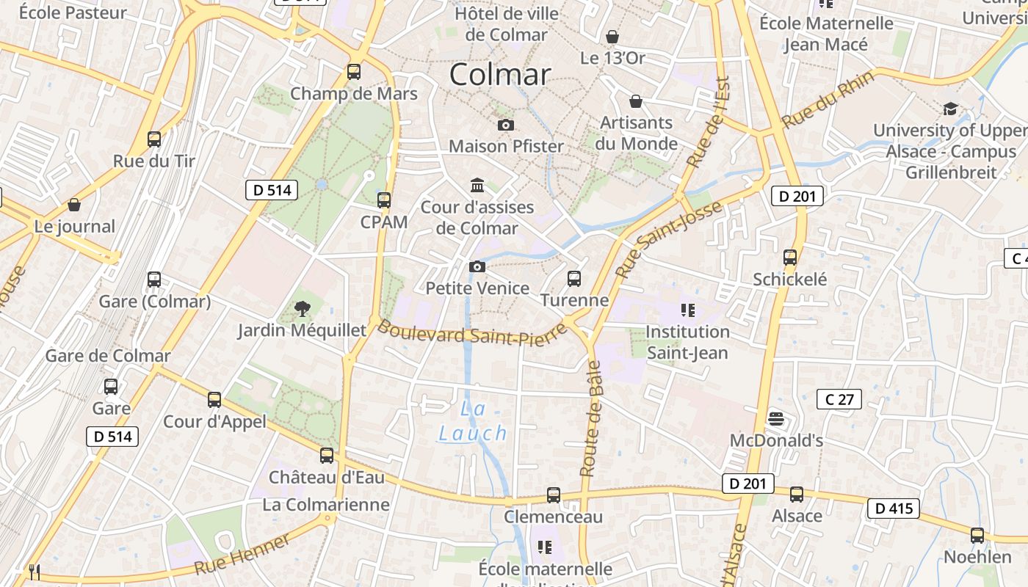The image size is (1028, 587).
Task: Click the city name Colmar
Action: click(x=499, y=74)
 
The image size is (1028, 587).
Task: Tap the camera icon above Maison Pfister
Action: click(x=505, y=125)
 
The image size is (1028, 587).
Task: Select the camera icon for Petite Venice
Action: click(x=477, y=266)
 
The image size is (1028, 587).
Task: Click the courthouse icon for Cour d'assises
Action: click(x=477, y=185)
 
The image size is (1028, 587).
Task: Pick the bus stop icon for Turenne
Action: click(x=574, y=279)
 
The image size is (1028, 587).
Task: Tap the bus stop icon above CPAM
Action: click(x=383, y=200)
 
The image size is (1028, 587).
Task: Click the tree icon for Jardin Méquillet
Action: click(x=301, y=309)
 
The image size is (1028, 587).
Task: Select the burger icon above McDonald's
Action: click(x=776, y=419)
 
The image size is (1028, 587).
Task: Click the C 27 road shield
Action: click(x=839, y=399)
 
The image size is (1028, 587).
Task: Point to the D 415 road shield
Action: click(x=893, y=508)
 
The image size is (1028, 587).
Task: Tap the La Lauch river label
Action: click(x=473, y=421)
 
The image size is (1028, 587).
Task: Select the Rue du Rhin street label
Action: click(x=828, y=99)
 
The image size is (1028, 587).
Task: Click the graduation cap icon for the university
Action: click(x=950, y=109)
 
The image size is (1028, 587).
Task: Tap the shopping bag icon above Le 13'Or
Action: click(x=612, y=36)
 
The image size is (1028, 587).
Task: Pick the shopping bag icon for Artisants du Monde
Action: click(x=635, y=101)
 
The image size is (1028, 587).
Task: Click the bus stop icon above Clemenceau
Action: click(x=554, y=495)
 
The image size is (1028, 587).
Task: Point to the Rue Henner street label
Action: click(x=242, y=557)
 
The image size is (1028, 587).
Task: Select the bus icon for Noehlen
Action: click(x=977, y=536)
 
